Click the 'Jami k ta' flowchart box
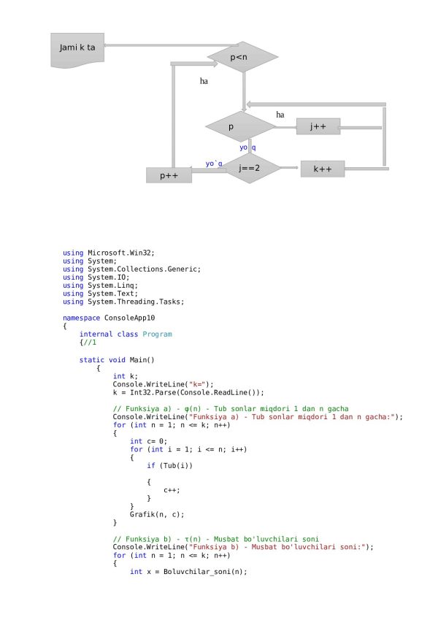pyautogui.click(x=77, y=48)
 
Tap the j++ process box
pyautogui.click(x=318, y=127)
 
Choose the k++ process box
pyautogui.click(x=322, y=169)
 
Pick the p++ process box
pyautogui.click(x=169, y=175)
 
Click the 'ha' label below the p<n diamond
pyautogui.click(x=204, y=82)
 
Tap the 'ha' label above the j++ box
pyautogui.click(x=280, y=115)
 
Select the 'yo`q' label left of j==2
pyautogui.click(x=214, y=164)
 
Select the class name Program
pyautogui.click(x=157, y=334)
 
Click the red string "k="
pyautogui.click(x=197, y=384)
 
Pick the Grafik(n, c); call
pyautogui.click(x=155, y=514)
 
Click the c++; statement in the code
pyautogui.click(x=172, y=489)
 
